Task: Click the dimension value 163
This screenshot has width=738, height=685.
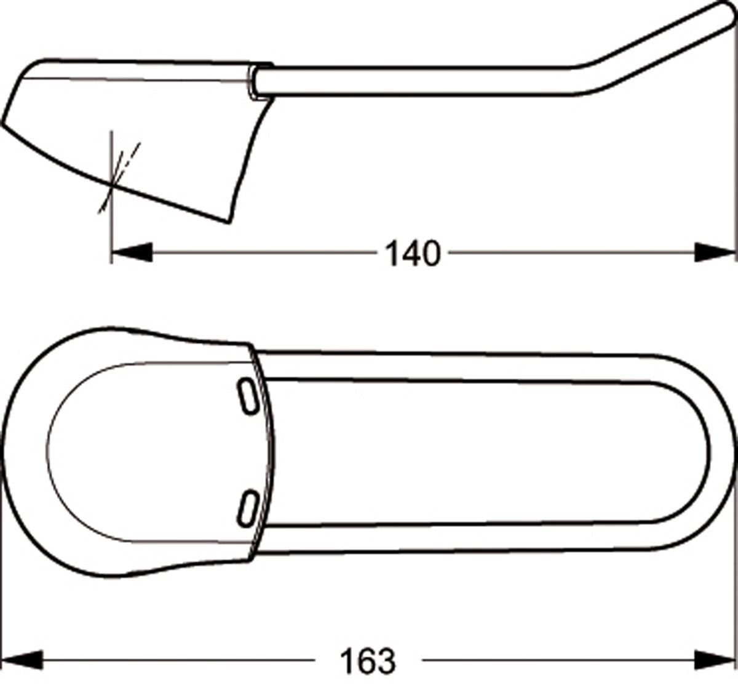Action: (368, 661)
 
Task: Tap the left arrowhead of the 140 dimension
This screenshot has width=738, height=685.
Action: (132, 252)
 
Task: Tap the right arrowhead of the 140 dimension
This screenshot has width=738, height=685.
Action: (715, 252)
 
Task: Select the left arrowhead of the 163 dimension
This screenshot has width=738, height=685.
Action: (22, 660)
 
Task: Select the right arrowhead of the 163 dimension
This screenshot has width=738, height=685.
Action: (715, 660)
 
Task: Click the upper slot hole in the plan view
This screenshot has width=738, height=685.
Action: (248, 396)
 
